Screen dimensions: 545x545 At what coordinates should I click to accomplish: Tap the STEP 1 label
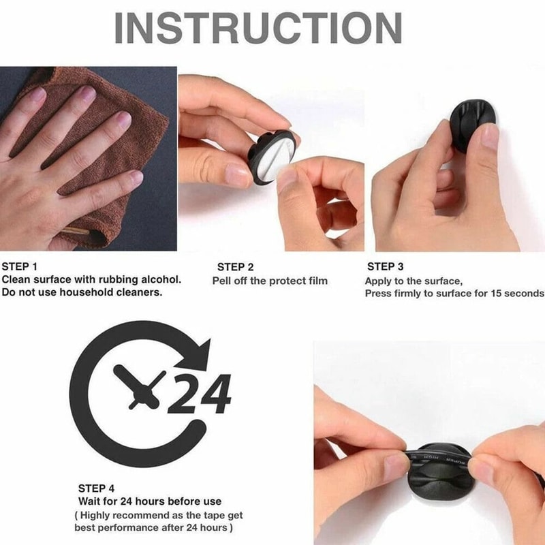(20, 266)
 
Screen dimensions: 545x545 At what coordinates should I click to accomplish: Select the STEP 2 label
(235, 267)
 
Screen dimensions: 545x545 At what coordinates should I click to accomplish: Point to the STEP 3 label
(385, 266)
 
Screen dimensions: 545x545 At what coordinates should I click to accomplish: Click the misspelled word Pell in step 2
(222, 281)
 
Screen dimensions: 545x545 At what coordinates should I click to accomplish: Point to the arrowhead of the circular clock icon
(204, 353)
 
